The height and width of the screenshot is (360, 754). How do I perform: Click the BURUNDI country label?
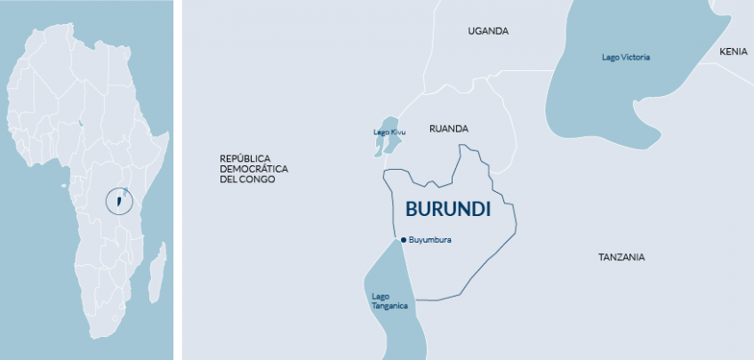[448, 210]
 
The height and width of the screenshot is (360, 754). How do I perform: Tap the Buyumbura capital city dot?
[403, 239]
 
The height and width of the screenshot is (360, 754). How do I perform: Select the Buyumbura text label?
[430, 239]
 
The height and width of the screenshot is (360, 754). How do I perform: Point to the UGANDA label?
[488, 31]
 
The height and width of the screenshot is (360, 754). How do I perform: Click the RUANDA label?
[448, 129]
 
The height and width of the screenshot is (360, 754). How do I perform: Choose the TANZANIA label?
[622, 257]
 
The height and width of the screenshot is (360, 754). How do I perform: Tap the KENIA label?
[734, 52]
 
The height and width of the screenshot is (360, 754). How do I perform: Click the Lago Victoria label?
[626, 58]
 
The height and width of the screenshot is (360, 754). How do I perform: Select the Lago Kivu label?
[389, 132]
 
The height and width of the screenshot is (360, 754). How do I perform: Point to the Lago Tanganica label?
[389, 300]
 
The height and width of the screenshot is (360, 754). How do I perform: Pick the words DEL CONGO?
[247, 180]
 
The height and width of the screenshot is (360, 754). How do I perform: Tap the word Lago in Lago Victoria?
[610, 58]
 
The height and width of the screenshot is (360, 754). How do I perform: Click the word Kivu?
[398, 132]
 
